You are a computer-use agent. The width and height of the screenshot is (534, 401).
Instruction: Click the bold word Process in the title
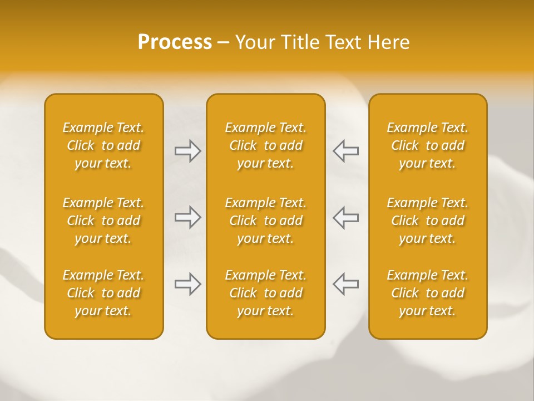pos(175,42)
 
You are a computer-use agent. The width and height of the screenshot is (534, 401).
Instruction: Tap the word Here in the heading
pos(389,42)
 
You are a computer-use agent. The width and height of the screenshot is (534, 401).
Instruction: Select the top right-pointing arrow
pos(187,151)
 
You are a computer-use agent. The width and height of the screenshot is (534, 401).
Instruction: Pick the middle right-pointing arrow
pos(187,217)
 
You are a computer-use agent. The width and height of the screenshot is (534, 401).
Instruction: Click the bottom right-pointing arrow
pos(187,284)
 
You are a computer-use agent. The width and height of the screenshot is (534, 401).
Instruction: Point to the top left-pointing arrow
pos(346,151)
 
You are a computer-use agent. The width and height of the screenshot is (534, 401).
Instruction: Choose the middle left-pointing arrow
pos(346,217)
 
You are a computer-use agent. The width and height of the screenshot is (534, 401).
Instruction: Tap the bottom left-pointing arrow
pos(346,284)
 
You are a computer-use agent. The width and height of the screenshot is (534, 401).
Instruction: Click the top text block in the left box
pos(103,145)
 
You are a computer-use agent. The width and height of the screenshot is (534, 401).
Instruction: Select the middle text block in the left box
pos(103,221)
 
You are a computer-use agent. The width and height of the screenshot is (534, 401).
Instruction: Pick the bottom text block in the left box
pos(103,293)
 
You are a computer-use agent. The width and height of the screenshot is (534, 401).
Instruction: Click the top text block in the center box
pos(265,145)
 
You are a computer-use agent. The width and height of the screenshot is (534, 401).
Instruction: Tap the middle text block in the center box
pos(265,221)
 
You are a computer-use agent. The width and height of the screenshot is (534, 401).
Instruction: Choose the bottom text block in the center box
pos(265,293)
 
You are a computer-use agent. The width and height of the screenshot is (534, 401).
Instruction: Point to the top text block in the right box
pos(428,145)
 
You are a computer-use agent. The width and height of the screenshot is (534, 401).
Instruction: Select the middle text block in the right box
pos(428,221)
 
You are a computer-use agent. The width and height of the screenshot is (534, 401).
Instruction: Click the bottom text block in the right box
pos(428,293)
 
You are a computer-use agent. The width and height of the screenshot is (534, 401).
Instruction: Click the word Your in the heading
pos(253,42)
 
